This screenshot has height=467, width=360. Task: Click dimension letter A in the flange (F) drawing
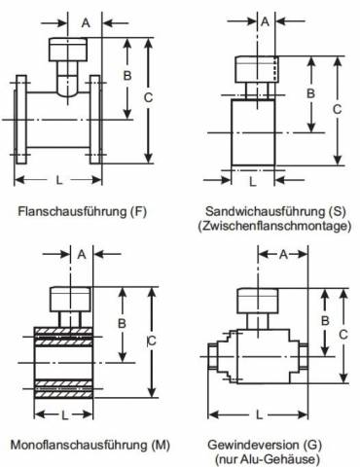tap(86, 23)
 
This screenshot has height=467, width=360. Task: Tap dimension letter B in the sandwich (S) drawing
tap(310, 93)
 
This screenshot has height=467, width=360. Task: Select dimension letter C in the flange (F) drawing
tap(148, 97)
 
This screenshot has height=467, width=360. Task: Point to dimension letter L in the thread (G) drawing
tap(259, 414)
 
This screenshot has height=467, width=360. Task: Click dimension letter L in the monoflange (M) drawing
tap(65, 414)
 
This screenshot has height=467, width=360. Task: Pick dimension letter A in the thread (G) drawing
tap(283, 255)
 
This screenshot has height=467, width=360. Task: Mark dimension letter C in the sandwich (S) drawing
tap(337, 109)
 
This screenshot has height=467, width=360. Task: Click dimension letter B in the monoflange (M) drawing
tap(122, 323)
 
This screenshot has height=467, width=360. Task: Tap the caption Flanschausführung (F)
tap(83, 211)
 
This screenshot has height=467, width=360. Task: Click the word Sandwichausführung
tap(266, 211)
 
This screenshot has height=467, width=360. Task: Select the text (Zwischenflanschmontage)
tap(274, 226)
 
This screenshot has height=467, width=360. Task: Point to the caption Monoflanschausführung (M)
tap(90, 445)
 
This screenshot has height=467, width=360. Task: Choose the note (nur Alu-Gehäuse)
tap(268, 459)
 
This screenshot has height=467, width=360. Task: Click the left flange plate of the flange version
tap(21, 120)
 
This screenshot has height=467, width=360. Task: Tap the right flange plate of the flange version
tap(95, 120)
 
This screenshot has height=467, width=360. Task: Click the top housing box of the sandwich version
tap(257, 69)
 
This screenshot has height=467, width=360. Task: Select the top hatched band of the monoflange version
tap(63, 331)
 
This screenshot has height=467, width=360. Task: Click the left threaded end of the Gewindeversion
tap(212, 356)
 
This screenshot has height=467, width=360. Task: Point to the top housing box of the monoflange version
tap(70, 300)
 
